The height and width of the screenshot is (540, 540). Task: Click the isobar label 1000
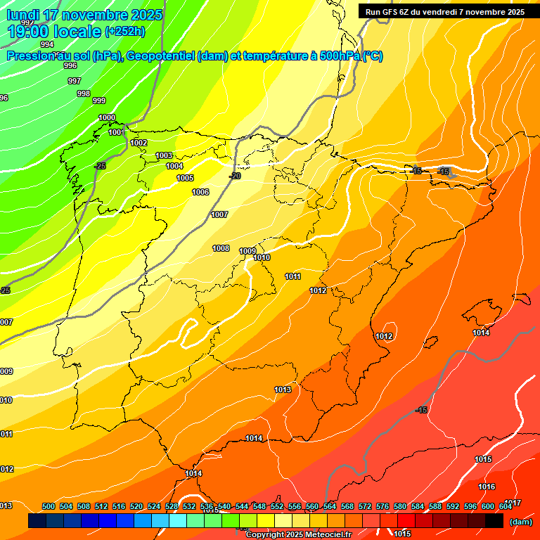point(107,117)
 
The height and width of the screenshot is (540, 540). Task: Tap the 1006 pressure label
point(200,192)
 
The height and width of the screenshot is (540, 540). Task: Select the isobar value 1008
point(221,248)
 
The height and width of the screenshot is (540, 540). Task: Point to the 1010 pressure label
point(262,258)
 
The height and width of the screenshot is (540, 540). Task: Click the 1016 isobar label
point(487,487)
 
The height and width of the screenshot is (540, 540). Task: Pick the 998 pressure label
point(83,94)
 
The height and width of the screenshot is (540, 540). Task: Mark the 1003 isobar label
point(164,155)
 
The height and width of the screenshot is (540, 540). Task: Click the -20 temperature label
point(235,176)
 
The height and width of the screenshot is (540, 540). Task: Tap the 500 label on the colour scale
point(49,506)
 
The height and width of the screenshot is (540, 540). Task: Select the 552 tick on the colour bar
point(277,506)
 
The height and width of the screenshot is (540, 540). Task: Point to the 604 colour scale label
point(506,506)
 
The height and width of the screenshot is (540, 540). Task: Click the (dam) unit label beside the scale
point(520,522)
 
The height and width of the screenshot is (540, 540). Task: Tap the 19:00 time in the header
point(27,31)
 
